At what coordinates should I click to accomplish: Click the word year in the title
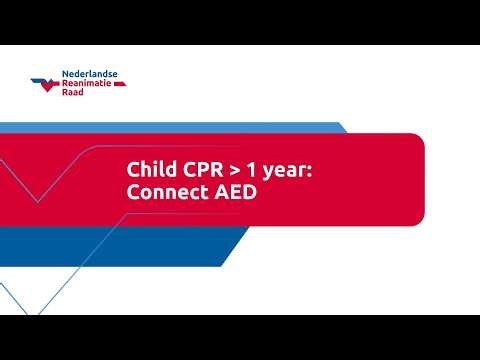(x=288, y=172)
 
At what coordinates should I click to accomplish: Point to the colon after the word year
(x=311, y=173)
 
